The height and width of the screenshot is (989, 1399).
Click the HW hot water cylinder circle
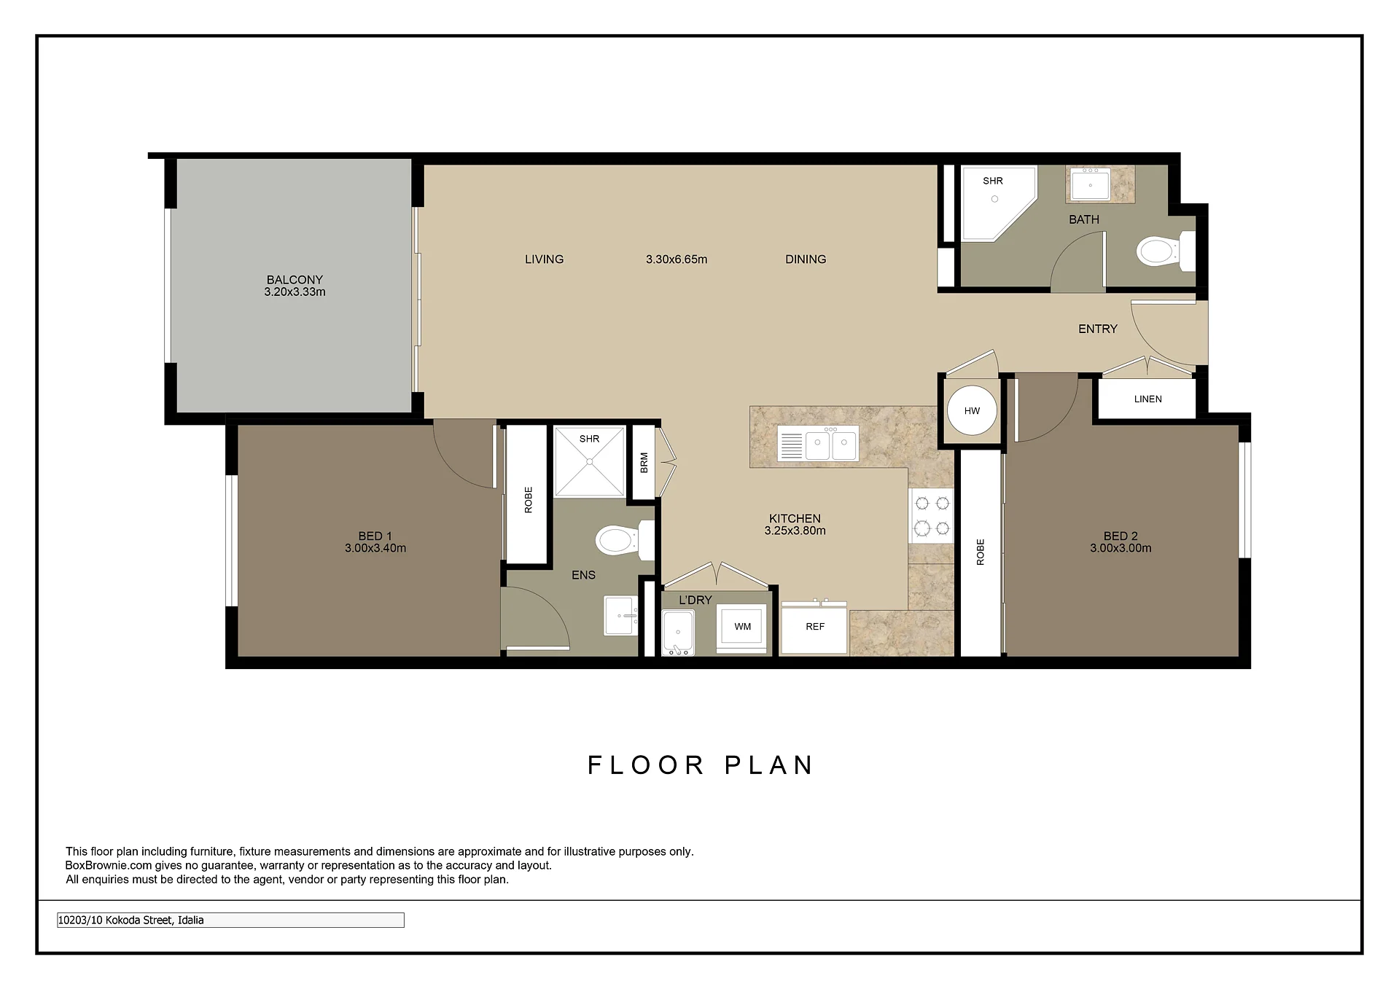(972, 410)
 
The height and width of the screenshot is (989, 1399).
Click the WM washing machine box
(742, 627)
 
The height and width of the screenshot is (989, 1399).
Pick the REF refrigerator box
(814, 627)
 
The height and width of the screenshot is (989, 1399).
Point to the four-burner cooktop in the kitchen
(932, 515)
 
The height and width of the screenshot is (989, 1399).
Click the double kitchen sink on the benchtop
(818, 443)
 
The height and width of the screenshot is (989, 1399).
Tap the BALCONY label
(295, 280)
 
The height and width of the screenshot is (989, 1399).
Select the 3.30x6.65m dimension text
(677, 259)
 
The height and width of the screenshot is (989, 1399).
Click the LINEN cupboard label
(1147, 399)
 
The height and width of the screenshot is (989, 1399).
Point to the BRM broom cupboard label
(644, 463)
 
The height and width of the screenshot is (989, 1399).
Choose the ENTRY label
(1097, 329)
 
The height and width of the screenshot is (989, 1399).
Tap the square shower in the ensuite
(589, 462)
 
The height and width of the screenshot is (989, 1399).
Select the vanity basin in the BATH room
(1090, 184)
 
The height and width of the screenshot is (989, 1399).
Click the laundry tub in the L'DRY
(678, 632)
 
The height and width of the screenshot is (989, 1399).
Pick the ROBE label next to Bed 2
(980, 552)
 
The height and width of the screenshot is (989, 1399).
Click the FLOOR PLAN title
(701, 765)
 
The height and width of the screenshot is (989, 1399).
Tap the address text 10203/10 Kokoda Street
(130, 920)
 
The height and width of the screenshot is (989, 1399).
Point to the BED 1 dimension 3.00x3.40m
(375, 548)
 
